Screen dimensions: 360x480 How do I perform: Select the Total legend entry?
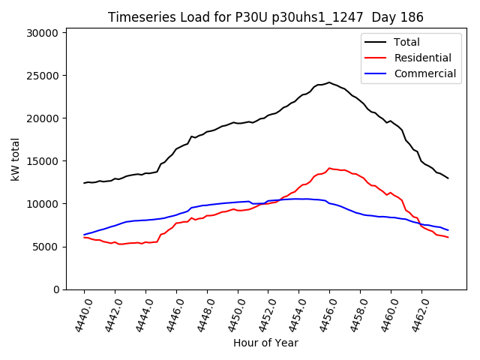click(x=407, y=42)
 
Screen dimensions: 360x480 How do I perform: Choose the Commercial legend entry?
click(x=424, y=73)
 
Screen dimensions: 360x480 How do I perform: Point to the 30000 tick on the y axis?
click(x=43, y=33)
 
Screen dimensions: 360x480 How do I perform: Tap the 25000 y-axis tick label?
click(x=43, y=76)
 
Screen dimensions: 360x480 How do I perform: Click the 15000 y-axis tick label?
click(x=43, y=161)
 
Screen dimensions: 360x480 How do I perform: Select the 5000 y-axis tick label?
click(x=46, y=247)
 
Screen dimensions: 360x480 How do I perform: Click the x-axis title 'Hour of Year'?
click(x=265, y=343)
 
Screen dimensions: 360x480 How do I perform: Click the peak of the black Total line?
click(x=329, y=82)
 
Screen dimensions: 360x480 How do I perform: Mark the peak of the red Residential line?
click(x=329, y=168)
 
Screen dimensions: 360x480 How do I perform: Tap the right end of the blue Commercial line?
click(x=448, y=230)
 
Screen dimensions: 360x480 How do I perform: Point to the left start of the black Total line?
click(x=84, y=183)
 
